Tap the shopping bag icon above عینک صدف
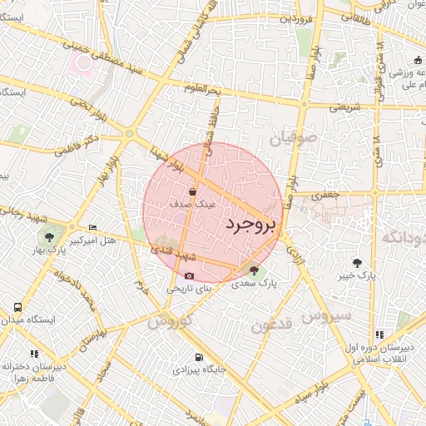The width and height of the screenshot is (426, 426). coord(193,191)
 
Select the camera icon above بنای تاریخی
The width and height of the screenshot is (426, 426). coord(189,275)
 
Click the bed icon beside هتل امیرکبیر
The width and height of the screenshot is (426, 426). coord(92,228)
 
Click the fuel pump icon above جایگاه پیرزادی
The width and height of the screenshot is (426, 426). coord(197,358)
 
